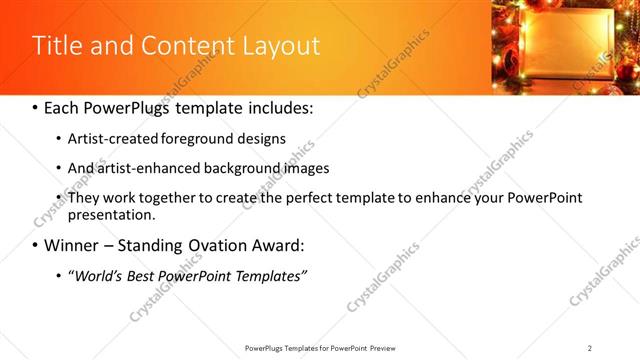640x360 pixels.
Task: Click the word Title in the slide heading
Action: click(x=56, y=46)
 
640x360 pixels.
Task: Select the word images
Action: click(x=301, y=168)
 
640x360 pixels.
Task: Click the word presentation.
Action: click(x=111, y=215)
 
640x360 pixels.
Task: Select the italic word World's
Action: click(x=97, y=276)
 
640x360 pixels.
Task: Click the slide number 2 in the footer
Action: click(x=590, y=348)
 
